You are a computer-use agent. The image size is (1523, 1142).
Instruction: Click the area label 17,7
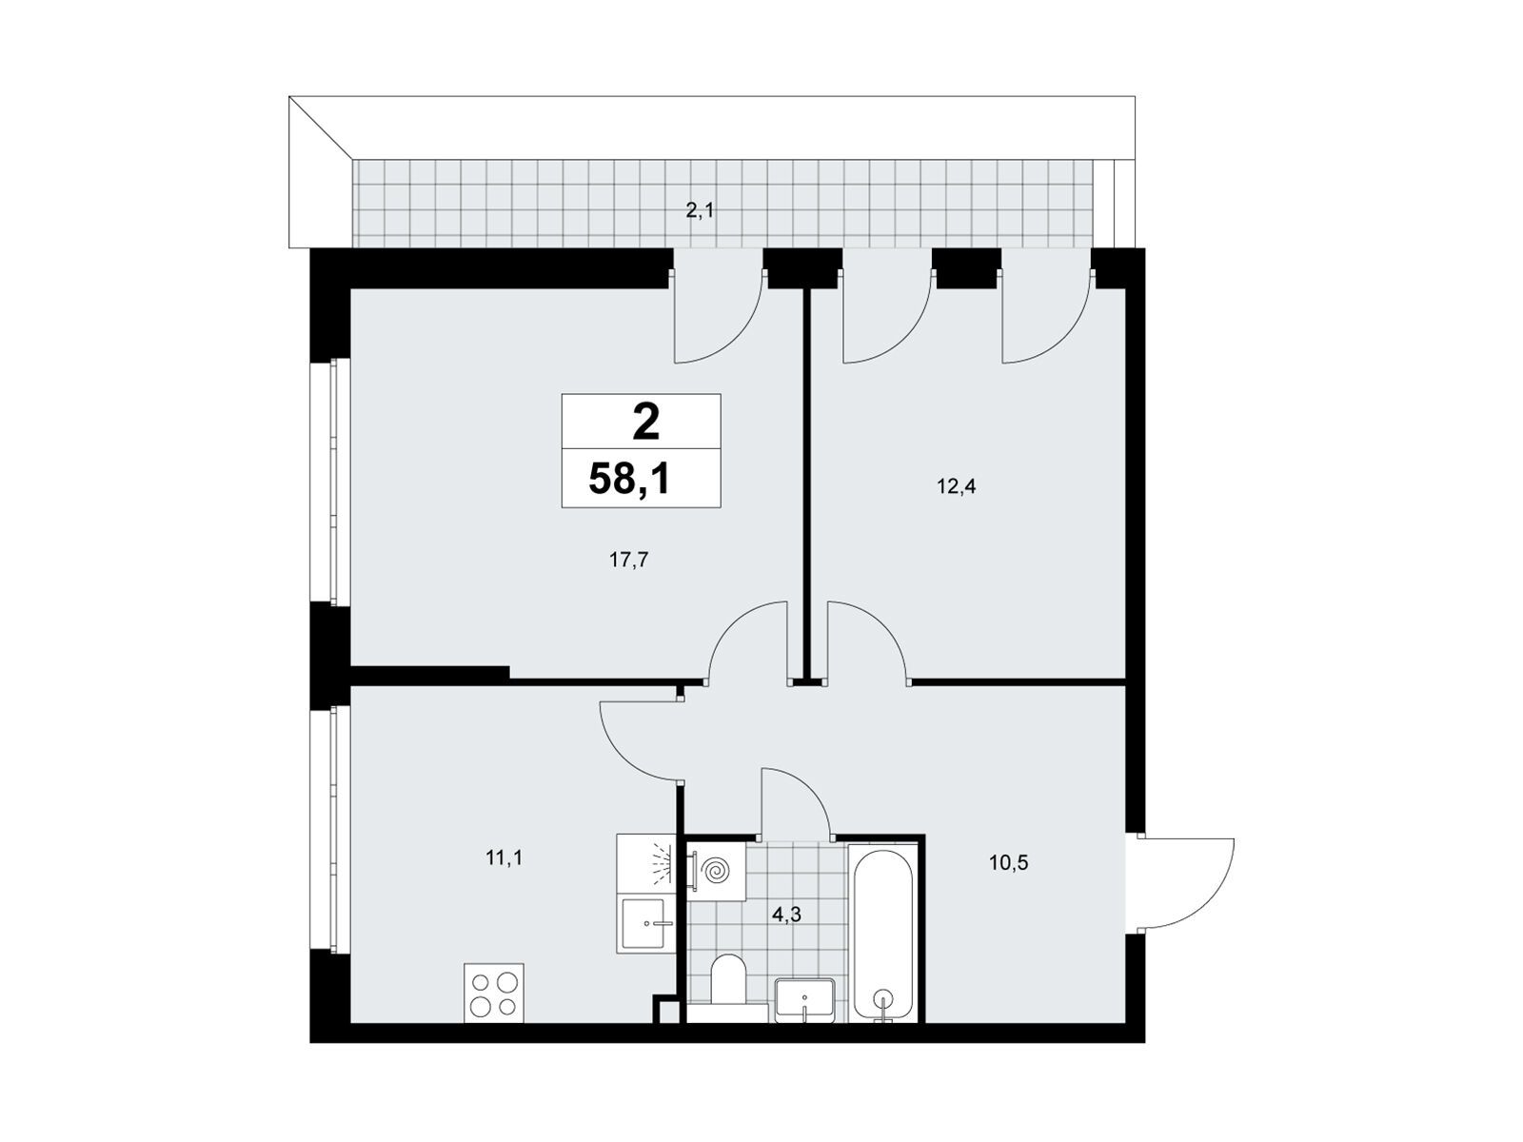pyautogui.click(x=628, y=561)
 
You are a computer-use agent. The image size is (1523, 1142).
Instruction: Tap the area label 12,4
pyautogui.click(x=956, y=486)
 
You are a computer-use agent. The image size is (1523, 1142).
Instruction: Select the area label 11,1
pyautogui.click(x=504, y=858)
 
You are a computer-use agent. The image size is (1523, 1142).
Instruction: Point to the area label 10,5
pyautogui.click(x=1009, y=863)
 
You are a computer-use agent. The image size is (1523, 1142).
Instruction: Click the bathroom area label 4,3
pyautogui.click(x=786, y=916)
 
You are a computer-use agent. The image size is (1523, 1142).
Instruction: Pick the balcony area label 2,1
pyautogui.click(x=700, y=210)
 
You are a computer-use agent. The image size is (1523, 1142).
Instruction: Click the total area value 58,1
pyautogui.click(x=628, y=479)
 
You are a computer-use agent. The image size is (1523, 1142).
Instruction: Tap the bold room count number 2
pyautogui.click(x=645, y=423)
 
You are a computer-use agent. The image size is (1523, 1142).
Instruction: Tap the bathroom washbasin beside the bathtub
pyautogui.click(x=804, y=1000)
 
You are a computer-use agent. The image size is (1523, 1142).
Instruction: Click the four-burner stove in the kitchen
pyautogui.click(x=494, y=993)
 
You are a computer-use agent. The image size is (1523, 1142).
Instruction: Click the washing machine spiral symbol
pyautogui.click(x=716, y=870)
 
